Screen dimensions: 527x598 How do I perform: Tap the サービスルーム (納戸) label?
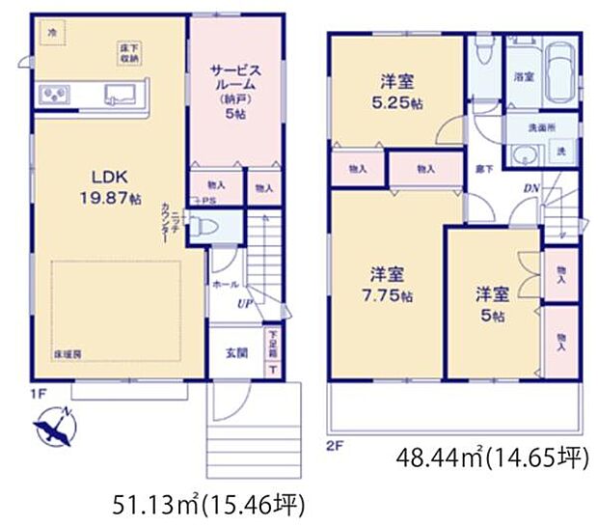235,88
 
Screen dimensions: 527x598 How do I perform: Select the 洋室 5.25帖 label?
395,91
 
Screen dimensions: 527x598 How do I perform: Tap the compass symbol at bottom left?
56,426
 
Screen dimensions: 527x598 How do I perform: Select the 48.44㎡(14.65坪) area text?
492,457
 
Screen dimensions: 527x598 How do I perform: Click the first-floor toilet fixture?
204,228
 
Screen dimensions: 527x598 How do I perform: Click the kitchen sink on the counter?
122,95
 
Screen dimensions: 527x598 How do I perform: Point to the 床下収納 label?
129,51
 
